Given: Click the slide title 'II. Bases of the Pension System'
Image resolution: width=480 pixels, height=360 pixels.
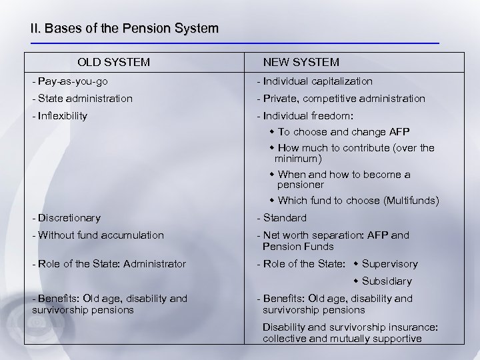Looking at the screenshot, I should (124, 29).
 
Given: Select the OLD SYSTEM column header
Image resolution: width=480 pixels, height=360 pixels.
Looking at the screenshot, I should (113, 63).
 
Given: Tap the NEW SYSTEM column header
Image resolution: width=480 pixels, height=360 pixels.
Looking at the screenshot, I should (301, 63).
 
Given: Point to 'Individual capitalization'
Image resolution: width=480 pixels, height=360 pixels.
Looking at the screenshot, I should (315, 81).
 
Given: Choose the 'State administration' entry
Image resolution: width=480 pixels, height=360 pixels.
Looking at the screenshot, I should (81, 99).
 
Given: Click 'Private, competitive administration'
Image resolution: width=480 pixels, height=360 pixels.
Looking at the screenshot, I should (341, 99).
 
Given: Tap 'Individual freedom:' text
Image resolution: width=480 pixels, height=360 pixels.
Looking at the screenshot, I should (304, 116).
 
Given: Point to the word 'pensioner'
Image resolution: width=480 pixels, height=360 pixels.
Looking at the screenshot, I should (301, 184).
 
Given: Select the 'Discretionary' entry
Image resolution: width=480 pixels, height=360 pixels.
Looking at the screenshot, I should (66, 218).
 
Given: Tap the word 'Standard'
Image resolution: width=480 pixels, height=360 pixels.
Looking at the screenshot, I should (285, 218).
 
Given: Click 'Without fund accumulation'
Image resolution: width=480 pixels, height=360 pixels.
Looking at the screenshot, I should (97, 235).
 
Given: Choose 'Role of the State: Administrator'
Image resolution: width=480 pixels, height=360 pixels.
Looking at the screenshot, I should (109, 264).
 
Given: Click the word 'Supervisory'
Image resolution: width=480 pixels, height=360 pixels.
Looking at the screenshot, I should (390, 264).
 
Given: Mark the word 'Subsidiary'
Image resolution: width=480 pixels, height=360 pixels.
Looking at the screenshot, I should (387, 281).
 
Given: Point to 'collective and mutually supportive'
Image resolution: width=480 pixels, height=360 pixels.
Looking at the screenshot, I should (342, 339).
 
